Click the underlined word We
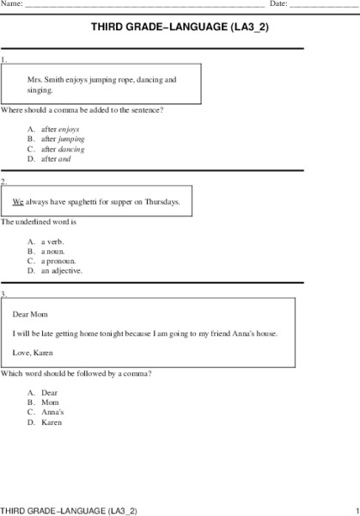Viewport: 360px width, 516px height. point(18,202)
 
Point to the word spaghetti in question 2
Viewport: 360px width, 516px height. point(87,202)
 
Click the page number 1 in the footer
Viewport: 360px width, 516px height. point(355,510)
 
